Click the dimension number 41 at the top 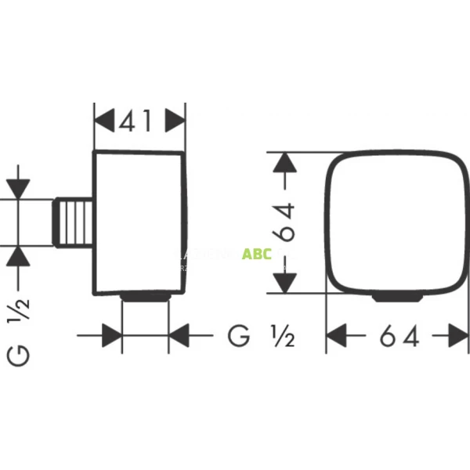point(139,121)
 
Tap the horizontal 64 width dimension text point(399,336)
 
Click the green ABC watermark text point(257,254)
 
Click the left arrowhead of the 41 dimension point(104,121)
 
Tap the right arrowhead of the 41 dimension point(175,121)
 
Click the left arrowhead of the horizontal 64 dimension point(338,336)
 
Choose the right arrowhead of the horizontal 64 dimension point(458,336)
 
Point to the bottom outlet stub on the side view point(146,298)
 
